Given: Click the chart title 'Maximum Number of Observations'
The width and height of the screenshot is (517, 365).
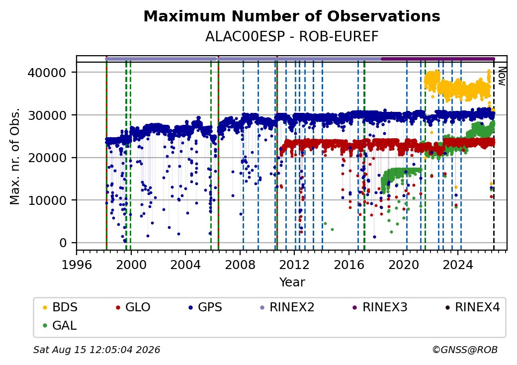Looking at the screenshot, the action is click(292, 16).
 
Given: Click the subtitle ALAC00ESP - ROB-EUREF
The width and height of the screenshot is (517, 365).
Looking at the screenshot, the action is click(292, 37).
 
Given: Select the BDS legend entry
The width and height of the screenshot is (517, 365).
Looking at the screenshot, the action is click(60, 307).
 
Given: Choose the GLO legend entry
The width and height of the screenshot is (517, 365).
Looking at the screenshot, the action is click(133, 307).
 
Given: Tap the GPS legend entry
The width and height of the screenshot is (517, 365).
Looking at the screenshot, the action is click(205, 307).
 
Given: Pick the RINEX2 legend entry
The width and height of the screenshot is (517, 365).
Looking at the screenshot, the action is click(287, 307).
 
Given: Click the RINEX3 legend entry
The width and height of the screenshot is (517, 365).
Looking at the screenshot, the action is click(380, 307).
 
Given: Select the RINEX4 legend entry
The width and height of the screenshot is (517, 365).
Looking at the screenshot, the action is click(473, 307).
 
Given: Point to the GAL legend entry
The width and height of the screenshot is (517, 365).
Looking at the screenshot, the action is click(60, 325).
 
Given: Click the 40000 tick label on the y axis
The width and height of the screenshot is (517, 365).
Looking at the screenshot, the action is click(47, 73).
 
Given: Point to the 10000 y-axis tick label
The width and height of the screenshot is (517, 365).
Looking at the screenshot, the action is click(47, 200).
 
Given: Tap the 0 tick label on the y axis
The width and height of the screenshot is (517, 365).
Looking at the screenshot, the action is click(63, 243).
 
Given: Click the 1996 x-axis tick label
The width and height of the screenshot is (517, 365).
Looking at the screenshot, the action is click(77, 265).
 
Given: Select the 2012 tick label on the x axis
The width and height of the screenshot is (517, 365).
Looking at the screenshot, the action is click(294, 265).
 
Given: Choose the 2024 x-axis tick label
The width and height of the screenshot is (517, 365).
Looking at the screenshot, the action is click(458, 265).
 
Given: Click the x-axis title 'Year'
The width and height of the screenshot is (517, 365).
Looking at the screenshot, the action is click(292, 282).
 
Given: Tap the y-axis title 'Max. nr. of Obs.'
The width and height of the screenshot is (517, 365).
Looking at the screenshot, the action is click(15, 156).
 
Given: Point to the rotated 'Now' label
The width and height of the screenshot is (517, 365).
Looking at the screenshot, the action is click(502, 76).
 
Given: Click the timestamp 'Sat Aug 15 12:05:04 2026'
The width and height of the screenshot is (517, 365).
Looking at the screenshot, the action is click(97, 350).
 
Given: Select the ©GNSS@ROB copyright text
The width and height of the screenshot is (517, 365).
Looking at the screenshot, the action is click(465, 350).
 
